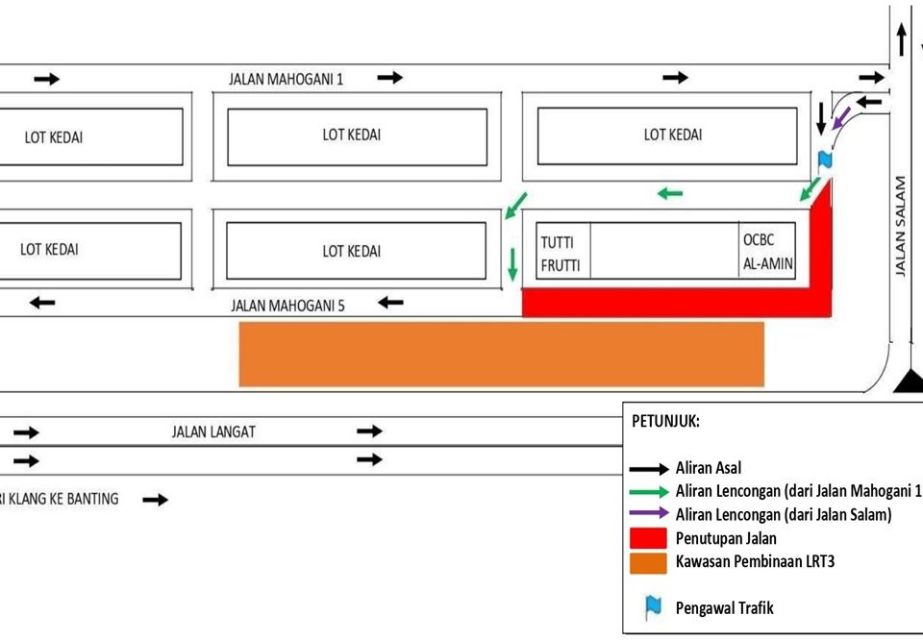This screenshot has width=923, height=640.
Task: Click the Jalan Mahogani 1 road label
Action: click(x=286, y=79)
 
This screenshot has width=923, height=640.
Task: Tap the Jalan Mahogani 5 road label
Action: click(x=287, y=306)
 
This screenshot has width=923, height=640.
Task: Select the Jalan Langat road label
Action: click(x=213, y=432)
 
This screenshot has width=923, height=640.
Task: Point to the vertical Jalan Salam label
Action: click(x=901, y=226)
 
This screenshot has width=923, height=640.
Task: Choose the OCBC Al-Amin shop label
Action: click(x=767, y=252)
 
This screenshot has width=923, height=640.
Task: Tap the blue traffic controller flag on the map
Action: click(x=823, y=160)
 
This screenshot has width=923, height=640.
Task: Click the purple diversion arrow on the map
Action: click(x=841, y=118)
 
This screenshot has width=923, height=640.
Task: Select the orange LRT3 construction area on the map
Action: click(x=501, y=354)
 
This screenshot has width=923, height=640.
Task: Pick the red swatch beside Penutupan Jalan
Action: click(x=648, y=537)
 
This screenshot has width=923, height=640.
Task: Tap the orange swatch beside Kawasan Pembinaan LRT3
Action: click(x=648, y=561)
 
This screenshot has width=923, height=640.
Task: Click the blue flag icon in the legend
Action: click(x=653, y=606)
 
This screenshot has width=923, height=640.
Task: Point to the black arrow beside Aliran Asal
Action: click(x=649, y=469)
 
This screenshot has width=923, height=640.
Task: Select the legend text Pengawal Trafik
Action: click(x=724, y=607)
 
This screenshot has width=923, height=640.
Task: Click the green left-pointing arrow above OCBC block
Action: click(x=670, y=194)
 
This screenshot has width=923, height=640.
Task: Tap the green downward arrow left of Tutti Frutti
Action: click(x=512, y=260)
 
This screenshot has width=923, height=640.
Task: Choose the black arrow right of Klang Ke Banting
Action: click(x=155, y=500)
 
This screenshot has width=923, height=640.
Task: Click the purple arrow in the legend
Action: click(x=649, y=514)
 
